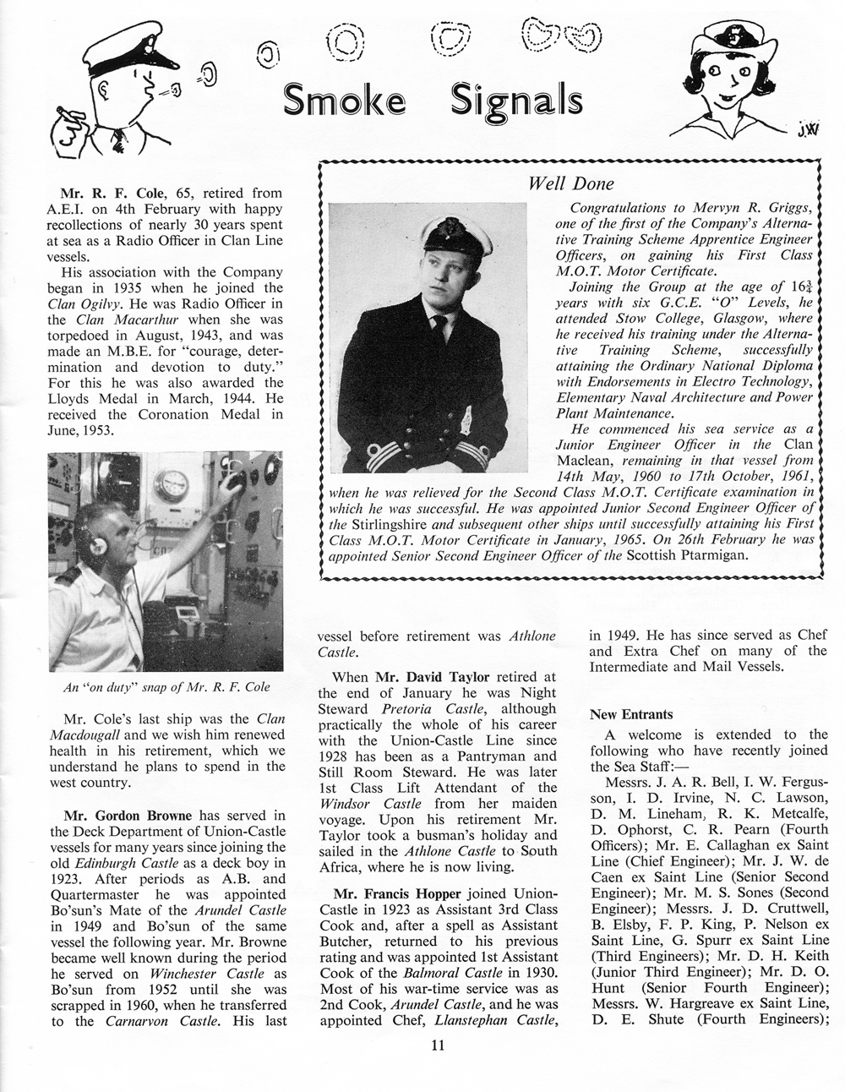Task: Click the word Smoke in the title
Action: coord(343,101)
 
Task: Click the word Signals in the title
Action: coord(516,101)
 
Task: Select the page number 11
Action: coord(439,1067)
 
